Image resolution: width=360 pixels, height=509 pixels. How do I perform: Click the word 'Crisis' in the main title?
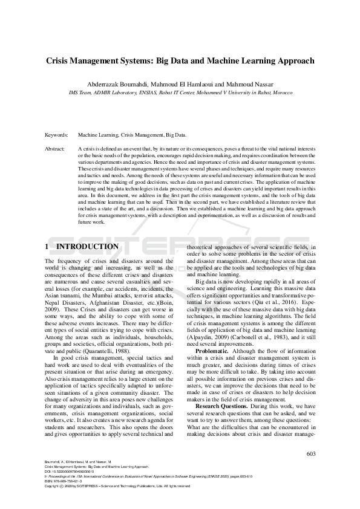[61, 61]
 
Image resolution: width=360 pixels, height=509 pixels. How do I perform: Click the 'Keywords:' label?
[57, 135]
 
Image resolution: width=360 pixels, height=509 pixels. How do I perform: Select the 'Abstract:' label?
[56, 148]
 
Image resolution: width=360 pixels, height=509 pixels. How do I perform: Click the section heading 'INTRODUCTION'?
[87, 247]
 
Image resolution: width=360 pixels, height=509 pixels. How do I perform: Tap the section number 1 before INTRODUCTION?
[47, 247]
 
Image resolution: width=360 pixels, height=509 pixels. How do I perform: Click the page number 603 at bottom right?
[311, 453]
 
